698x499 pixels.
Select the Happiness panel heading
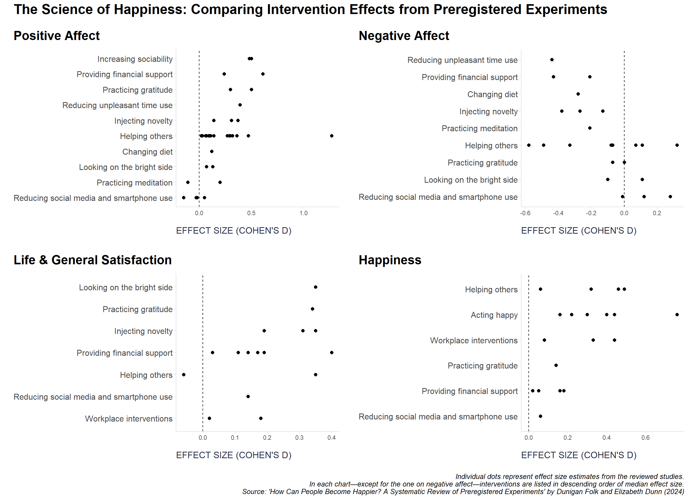[390, 260]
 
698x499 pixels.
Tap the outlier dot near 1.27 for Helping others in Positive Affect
[332, 136]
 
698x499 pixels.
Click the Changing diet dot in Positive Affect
[211, 152]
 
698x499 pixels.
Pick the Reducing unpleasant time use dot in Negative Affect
[552, 60]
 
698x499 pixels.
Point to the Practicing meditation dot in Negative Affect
[590, 128]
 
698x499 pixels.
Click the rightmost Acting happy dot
[677, 315]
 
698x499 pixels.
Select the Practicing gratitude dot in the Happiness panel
[556, 365]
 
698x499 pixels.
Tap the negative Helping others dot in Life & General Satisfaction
[184, 375]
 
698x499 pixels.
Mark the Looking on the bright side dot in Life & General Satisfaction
[316, 287]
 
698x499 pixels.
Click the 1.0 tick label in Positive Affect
[304, 213]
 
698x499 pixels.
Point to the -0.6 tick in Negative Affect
[525, 213]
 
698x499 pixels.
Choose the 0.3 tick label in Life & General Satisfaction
[299, 438]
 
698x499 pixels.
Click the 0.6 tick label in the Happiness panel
[646, 438]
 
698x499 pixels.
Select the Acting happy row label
[494, 315]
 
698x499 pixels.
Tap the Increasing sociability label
[135, 59]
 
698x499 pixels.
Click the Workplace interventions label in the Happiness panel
[474, 340]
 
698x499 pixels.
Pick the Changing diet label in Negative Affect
[492, 94]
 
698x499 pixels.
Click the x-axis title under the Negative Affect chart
[579, 231]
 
